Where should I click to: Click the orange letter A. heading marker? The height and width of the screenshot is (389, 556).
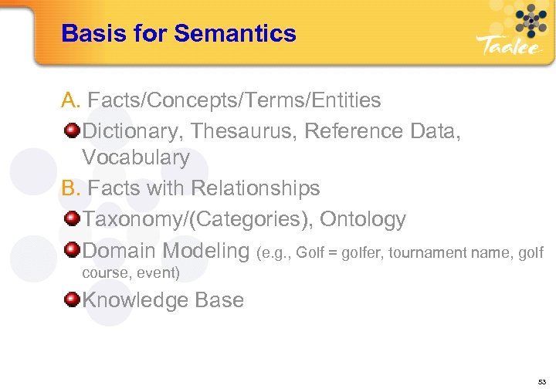click(x=71, y=100)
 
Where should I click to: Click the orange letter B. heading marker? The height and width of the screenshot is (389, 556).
click(x=71, y=188)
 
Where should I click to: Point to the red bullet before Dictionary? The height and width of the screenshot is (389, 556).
click(x=72, y=130)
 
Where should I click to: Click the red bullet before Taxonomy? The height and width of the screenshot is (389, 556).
click(x=72, y=219)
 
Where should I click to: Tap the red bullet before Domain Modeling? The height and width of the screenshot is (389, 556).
click(x=72, y=250)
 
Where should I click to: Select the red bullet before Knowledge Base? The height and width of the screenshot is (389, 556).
click(x=72, y=299)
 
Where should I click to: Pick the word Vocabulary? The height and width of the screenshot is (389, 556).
click(x=135, y=158)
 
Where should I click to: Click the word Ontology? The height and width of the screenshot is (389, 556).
click(x=362, y=219)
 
